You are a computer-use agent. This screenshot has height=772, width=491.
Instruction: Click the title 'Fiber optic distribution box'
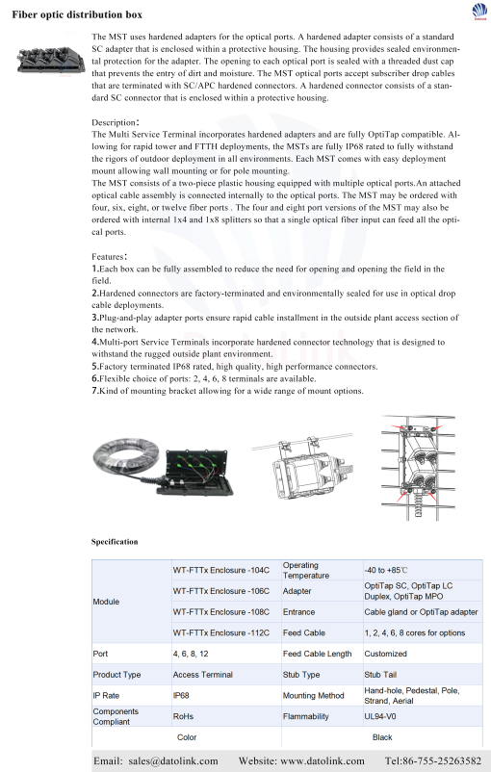click(77, 14)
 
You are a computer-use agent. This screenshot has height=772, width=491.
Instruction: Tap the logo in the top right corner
click(479, 11)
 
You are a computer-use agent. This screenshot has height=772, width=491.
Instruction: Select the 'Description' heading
click(116, 122)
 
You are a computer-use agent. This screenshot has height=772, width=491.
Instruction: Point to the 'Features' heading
click(110, 256)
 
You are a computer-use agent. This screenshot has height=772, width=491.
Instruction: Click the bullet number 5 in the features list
click(95, 367)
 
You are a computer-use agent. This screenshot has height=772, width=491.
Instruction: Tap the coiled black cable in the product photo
click(126, 459)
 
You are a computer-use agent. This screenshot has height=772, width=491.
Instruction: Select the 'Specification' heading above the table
click(115, 542)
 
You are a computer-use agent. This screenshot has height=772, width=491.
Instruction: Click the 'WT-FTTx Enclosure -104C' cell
click(221, 570)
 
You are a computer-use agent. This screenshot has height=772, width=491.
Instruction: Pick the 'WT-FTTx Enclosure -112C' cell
click(221, 632)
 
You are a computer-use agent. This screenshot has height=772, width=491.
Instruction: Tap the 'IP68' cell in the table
click(181, 695)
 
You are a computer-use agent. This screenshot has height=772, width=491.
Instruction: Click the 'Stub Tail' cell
click(380, 675)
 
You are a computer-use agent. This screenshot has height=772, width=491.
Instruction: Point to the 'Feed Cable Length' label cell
click(317, 654)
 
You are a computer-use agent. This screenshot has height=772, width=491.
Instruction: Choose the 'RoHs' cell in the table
click(183, 716)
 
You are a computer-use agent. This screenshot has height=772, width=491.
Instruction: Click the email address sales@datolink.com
click(173, 761)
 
